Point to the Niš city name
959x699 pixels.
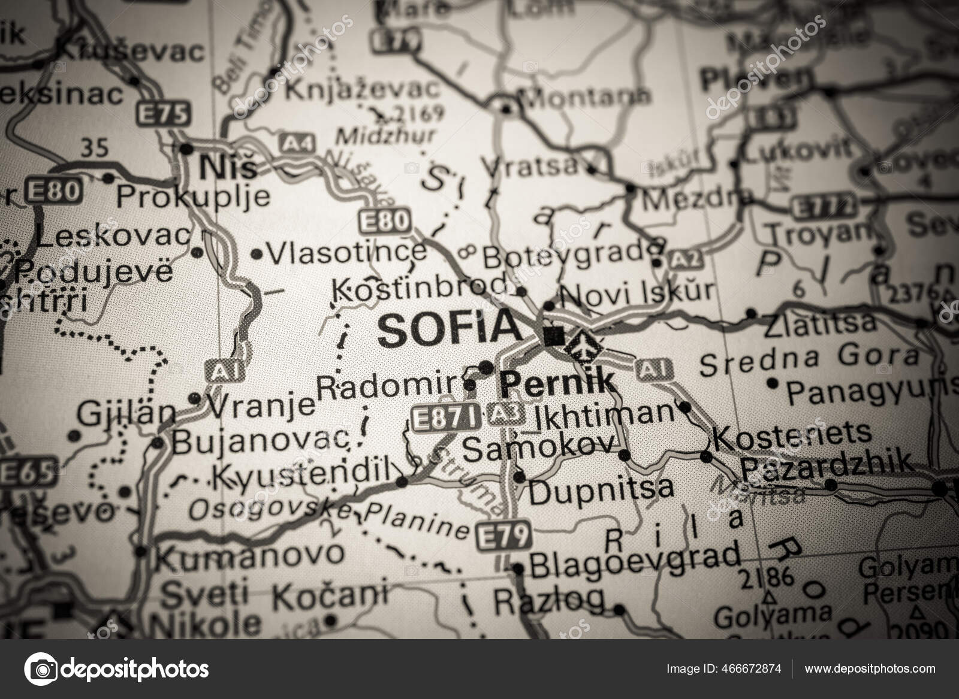[x=228, y=167]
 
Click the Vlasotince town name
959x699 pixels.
[x=347, y=253]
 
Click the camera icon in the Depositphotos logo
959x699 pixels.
[x=43, y=668]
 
